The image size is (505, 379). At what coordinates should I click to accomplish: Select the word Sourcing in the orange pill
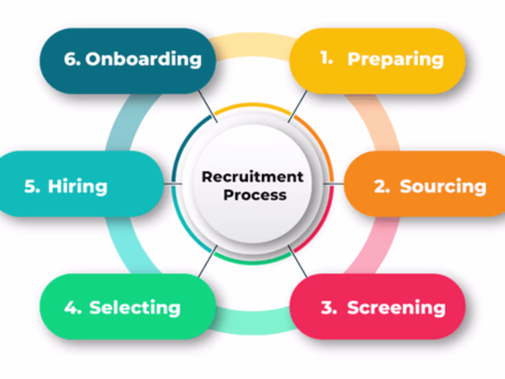click(443, 186)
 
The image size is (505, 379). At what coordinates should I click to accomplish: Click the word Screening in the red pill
click(396, 308)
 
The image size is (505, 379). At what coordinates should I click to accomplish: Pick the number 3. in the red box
click(329, 308)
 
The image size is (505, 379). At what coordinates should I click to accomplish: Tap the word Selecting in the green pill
click(135, 308)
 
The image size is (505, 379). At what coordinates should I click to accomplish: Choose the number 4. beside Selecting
click(73, 308)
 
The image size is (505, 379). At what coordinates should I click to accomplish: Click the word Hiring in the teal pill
click(77, 186)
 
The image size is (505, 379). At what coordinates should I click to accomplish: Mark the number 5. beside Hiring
click(32, 186)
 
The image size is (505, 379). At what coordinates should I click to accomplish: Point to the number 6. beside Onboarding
click(72, 59)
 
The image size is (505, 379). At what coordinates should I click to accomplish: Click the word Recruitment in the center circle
click(252, 177)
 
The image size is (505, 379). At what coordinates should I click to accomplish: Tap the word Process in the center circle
click(255, 195)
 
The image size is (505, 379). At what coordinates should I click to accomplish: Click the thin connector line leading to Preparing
click(297, 105)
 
